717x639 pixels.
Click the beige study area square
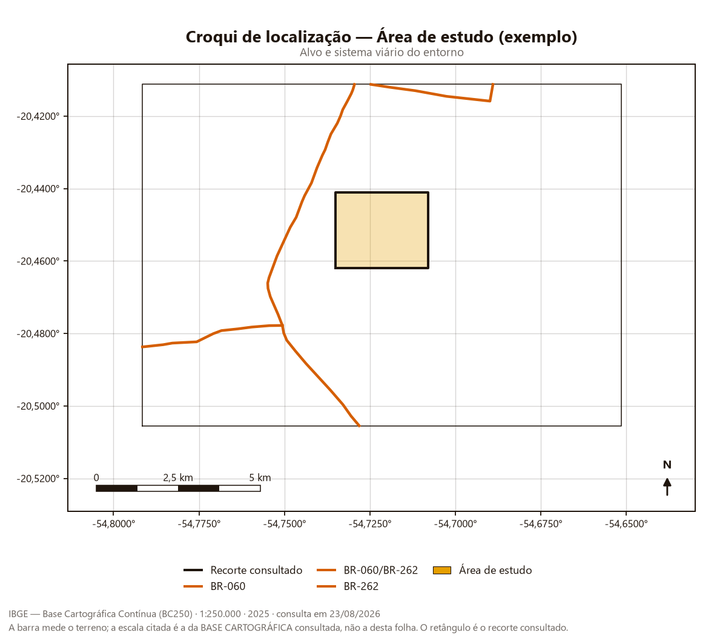point(382,230)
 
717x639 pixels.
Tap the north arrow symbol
point(667,487)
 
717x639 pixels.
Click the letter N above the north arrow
point(667,465)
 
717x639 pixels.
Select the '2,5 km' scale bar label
point(178,477)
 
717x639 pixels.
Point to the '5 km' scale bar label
point(260,477)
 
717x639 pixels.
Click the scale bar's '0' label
point(96,477)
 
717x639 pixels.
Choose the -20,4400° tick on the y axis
point(38,189)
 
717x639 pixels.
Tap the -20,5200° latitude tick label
point(38,479)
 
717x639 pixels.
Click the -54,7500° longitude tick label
point(285,524)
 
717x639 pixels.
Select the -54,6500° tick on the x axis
point(626,524)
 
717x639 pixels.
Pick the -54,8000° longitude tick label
point(113,524)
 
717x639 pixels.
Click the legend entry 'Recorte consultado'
point(243,570)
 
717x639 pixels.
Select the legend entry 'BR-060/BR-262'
point(367,570)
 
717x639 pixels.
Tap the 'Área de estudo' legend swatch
point(441,570)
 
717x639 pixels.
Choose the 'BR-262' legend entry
point(348,586)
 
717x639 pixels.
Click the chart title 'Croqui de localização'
point(268,37)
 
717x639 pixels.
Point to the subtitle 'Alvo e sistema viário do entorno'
point(382,53)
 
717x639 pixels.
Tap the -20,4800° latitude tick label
point(38,333)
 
